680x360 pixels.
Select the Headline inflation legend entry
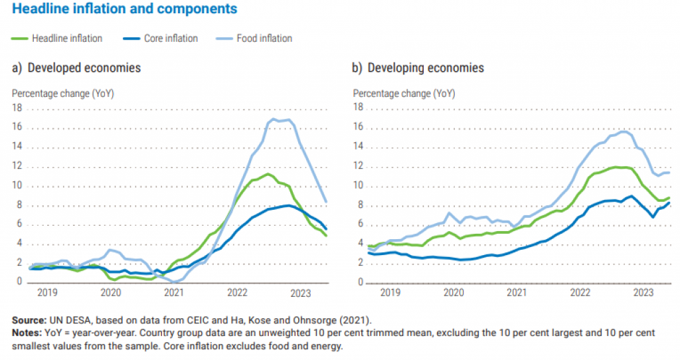coord(66,39)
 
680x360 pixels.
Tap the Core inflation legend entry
coord(171,39)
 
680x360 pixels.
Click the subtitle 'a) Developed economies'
coord(76,68)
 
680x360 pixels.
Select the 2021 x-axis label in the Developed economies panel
coord(173,292)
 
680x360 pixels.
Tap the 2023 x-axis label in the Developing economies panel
coord(643,292)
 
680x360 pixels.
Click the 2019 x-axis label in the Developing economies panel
coord(390,292)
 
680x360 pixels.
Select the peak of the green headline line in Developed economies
coord(267,174)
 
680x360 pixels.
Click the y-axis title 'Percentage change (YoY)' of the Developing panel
coord(404,94)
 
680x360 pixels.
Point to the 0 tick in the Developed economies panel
coord(19,282)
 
